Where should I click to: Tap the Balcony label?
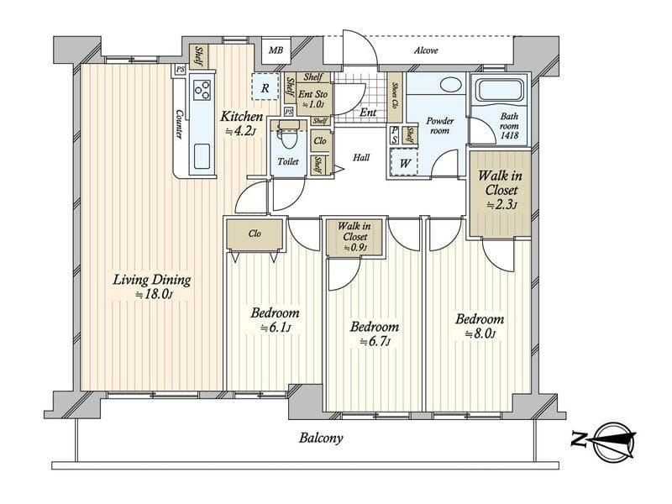click(321, 438)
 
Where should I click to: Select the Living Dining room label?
click(152, 286)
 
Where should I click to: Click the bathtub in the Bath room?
click(499, 91)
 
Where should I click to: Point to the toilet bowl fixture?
click(289, 136)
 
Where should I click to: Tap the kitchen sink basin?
click(202, 156)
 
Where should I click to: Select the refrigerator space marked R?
click(265, 87)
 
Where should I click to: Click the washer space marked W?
click(404, 162)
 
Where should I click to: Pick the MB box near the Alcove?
click(276, 50)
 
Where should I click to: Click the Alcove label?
click(426, 50)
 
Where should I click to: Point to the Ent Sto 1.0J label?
click(312, 98)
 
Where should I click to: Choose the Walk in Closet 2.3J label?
click(500, 189)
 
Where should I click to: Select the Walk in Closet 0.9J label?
click(354, 237)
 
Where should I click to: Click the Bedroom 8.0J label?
click(480, 326)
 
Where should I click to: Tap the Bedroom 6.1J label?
click(276, 320)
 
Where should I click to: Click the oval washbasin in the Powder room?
click(449, 84)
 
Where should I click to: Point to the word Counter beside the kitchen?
click(180, 124)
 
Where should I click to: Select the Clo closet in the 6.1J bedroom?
click(255, 234)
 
